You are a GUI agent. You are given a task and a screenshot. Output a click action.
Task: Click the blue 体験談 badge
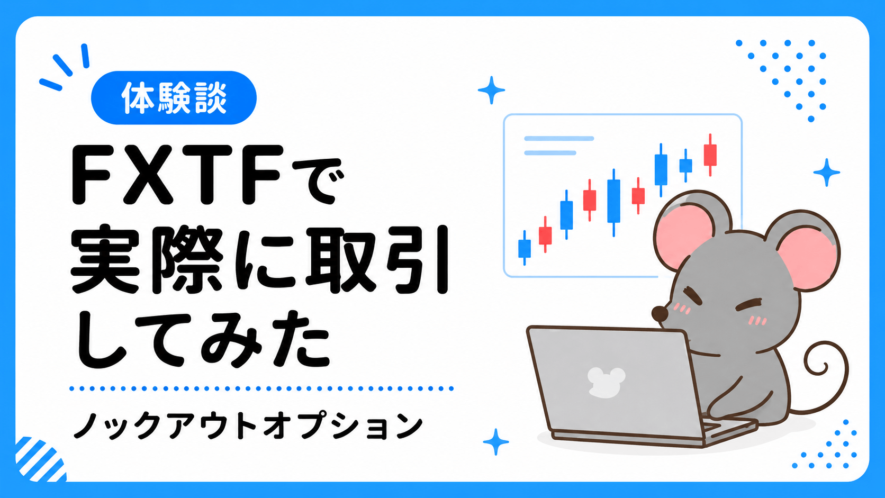click(x=174, y=97)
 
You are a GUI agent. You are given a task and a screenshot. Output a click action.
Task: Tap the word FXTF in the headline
click(x=177, y=175)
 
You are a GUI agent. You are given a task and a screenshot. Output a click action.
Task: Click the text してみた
click(x=202, y=338)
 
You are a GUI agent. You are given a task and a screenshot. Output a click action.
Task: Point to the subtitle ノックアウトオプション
click(x=249, y=425)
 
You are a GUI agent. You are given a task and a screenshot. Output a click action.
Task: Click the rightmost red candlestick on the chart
click(x=710, y=155)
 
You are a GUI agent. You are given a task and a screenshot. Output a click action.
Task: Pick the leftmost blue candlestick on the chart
click(x=525, y=248)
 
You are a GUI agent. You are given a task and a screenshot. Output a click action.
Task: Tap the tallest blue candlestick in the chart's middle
click(x=613, y=203)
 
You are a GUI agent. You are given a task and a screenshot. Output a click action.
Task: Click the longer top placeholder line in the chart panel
click(x=559, y=138)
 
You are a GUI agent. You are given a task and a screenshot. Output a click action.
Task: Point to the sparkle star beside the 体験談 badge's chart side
click(x=491, y=90)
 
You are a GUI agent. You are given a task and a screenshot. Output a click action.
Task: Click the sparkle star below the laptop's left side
click(x=496, y=442)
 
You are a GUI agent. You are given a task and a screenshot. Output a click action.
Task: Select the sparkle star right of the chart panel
click(x=827, y=173)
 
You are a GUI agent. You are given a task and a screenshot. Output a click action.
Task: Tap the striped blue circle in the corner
click(x=40, y=459)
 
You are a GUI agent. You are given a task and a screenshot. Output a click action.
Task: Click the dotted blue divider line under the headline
click(x=261, y=388)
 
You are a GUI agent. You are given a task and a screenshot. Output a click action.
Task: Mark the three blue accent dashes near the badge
click(x=65, y=67)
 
